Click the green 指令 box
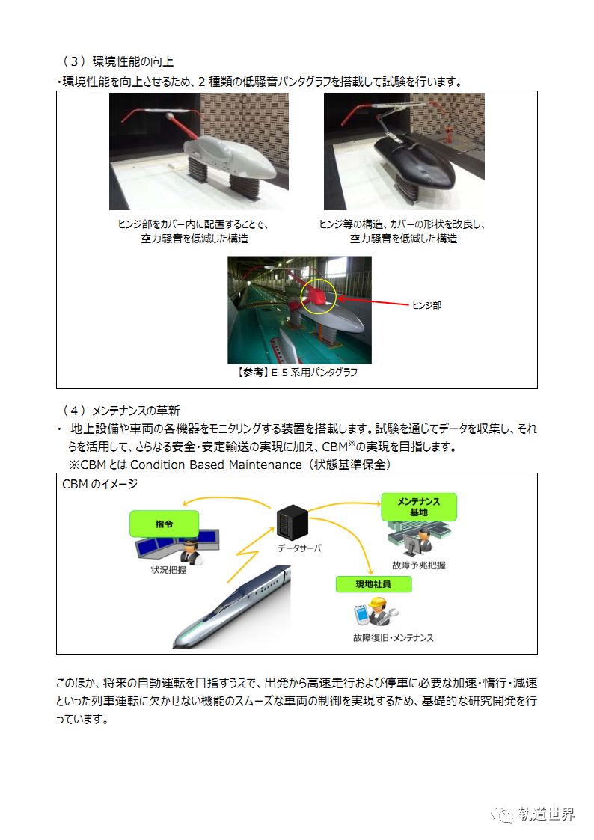pyautogui.click(x=164, y=524)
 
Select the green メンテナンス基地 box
pyautogui.click(x=418, y=506)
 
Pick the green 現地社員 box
pyautogui.click(x=373, y=583)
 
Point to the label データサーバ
pyautogui.click(x=299, y=548)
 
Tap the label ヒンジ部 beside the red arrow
pyautogui.click(x=426, y=305)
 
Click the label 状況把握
pyautogui.click(x=169, y=569)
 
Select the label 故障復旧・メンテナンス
pyautogui.click(x=393, y=638)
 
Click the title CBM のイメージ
pyautogui.click(x=99, y=484)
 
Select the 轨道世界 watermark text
pyautogui.click(x=546, y=815)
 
